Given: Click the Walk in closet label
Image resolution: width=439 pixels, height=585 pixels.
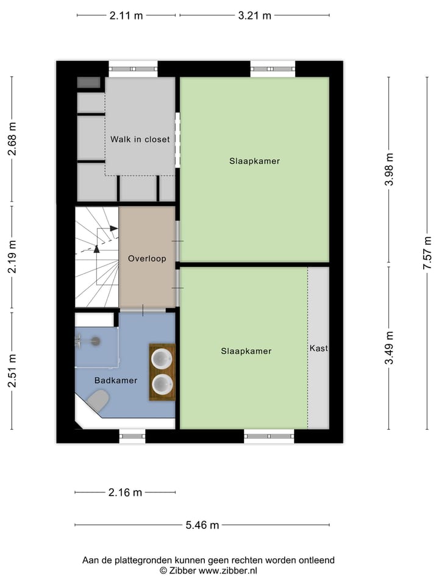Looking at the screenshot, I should [140, 139].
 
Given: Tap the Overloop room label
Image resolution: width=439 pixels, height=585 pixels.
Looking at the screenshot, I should [147, 258].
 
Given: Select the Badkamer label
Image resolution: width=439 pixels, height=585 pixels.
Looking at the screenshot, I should [115, 380].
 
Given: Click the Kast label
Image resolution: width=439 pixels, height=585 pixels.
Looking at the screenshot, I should [318, 349].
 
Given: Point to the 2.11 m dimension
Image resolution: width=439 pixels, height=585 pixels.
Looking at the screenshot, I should [126, 16].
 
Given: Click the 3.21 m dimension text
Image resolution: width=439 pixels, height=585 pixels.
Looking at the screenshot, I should [255, 16].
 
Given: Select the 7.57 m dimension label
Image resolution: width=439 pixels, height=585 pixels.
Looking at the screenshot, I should [428, 253].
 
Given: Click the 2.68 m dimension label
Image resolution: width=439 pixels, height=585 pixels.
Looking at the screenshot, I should [12, 140].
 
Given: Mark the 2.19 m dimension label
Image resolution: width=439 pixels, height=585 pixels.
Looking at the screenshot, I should [12, 258].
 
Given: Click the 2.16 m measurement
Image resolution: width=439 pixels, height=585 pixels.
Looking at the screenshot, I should [125, 492].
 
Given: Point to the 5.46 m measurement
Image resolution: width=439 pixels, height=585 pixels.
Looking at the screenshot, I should [202, 525].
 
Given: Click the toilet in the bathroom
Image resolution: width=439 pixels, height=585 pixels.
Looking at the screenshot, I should [98, 400].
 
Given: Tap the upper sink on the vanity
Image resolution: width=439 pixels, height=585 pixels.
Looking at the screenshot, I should [162, 358].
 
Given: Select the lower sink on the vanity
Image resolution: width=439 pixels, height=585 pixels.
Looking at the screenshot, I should [162, 384].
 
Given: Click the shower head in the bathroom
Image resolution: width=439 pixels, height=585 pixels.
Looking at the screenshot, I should [95, 342].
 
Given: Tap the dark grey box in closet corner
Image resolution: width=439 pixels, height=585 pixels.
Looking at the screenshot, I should [89, 83].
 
